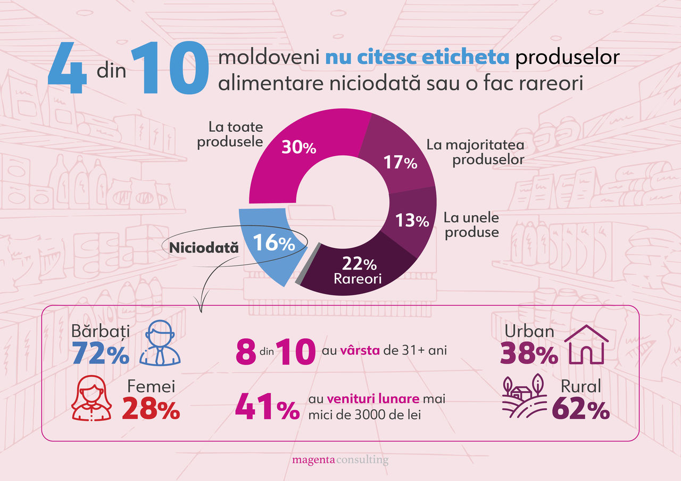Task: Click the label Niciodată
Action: [204, 247]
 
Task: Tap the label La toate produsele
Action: [230, 134]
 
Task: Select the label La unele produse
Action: [471, 225]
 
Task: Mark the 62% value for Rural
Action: [581, 410]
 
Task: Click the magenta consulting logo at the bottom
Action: [340, 460]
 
